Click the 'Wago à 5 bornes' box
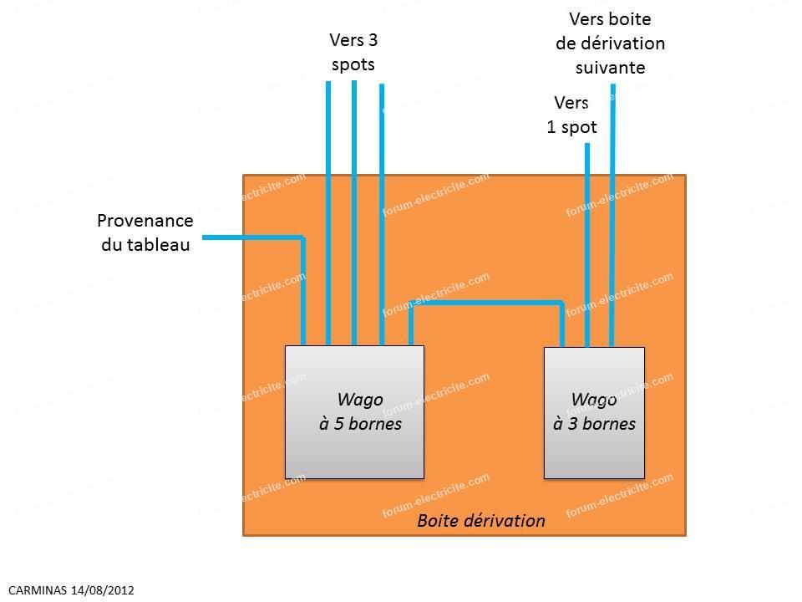354,412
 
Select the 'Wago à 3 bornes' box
594,413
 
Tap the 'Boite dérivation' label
481,521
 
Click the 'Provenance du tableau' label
145,232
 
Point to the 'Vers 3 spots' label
353,52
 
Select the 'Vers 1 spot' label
571,115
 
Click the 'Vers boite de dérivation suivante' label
610,43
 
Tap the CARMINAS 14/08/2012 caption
71,590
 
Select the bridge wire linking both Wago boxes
486,303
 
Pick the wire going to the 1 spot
587,245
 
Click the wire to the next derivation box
612,215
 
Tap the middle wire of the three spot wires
354,213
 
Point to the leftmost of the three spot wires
328,213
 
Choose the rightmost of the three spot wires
382,215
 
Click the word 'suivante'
610,68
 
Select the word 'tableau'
158,245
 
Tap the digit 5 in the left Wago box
338,424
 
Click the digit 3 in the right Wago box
572,424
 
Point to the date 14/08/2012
102,590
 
